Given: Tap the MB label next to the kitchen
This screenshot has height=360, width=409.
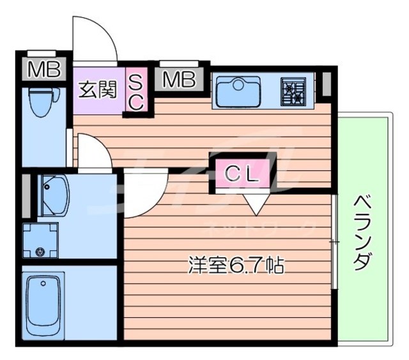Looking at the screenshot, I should (178, 80).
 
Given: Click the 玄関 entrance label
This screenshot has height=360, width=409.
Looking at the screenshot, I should (98, 90).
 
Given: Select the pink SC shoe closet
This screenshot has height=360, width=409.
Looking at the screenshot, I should (137, 91).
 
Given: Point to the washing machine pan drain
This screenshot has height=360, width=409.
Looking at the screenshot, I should (42, 251).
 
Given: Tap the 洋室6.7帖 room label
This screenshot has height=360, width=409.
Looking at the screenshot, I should (236, 263).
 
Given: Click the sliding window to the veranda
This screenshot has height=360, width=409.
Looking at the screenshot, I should (334, 243).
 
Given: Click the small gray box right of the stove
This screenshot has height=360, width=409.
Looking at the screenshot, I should (325, 84).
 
